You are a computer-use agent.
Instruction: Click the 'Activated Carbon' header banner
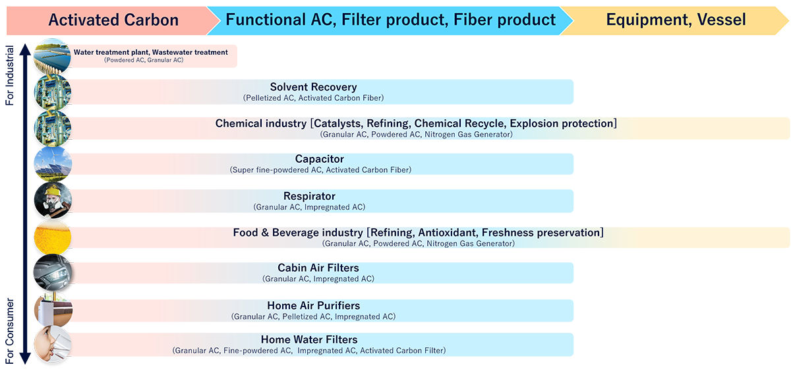(113, 20)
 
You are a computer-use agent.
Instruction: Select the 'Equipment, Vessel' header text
(676, 19)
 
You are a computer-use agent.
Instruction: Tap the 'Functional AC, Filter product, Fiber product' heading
(390, 19)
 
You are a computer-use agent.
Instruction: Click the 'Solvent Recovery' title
(313, 87)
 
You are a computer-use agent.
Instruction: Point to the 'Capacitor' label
(319, 159)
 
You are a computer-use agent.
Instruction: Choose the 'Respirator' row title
(309, 196)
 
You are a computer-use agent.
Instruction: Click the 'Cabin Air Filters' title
(318, 268)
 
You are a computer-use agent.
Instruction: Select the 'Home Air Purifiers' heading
(314, 306)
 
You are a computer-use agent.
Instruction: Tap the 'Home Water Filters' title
(309, 339)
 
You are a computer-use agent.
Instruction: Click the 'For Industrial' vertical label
(9, 75)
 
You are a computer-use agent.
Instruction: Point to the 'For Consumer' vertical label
(9, 331)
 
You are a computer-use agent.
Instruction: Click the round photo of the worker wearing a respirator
(53, 200)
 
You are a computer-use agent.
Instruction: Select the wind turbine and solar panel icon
(53, 164)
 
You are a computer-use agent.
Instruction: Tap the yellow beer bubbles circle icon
(53, 237)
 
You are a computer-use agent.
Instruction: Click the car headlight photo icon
(53, 272)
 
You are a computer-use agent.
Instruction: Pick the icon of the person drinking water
(53, 344)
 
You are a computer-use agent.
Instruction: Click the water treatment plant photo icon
(52, 56)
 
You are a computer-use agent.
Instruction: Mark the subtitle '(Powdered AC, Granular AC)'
(144, 60)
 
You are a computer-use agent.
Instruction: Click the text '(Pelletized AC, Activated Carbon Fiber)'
(313, 98)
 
